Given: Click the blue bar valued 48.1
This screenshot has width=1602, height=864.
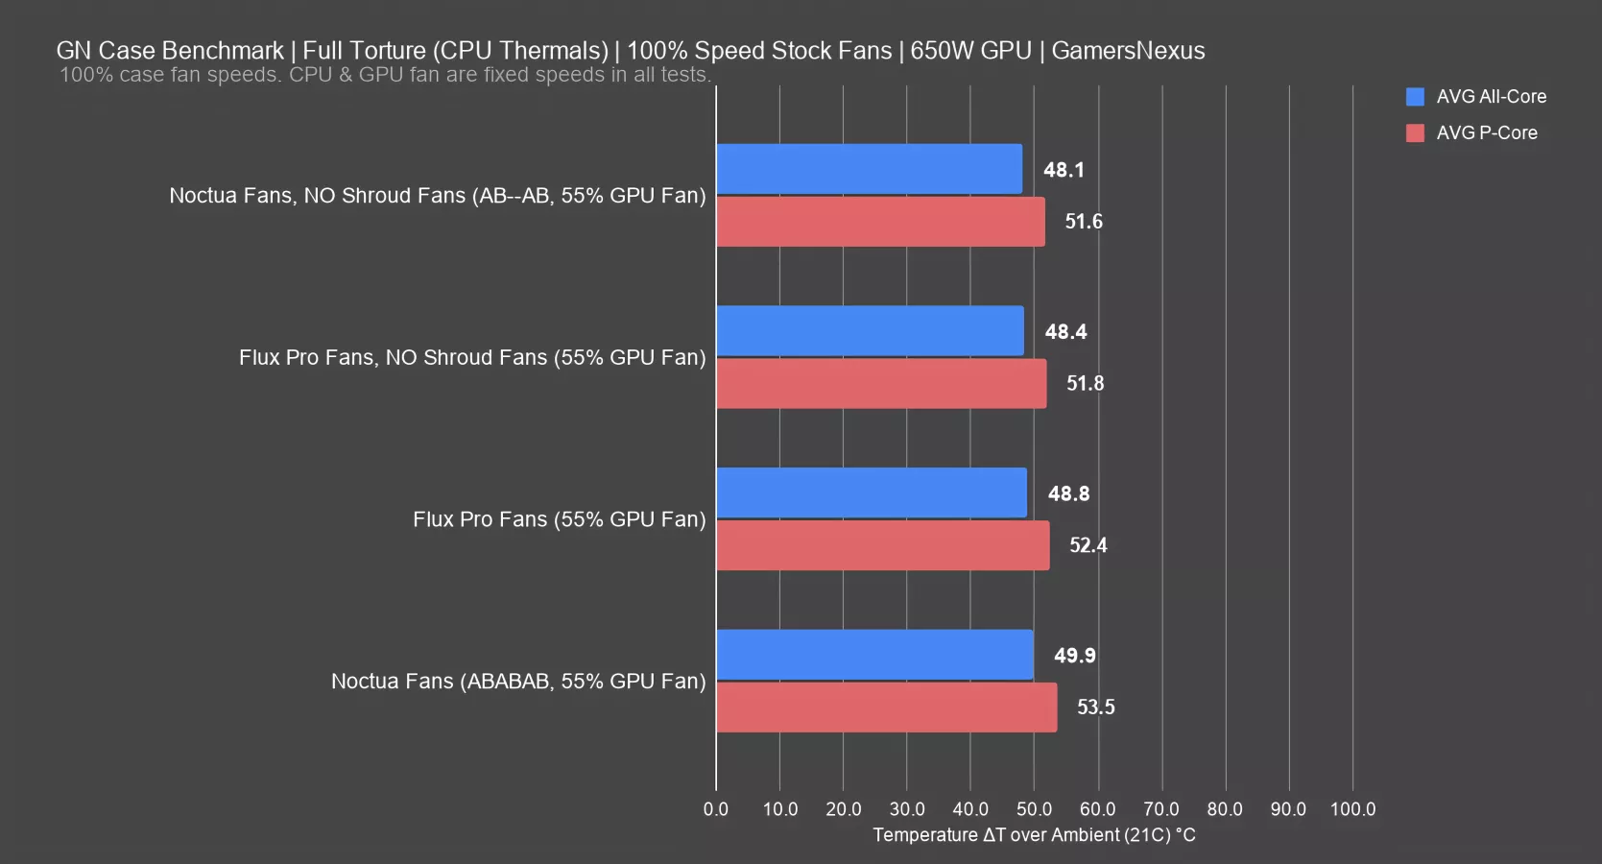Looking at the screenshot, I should coord(869,169).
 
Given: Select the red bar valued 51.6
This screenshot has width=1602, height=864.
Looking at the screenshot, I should coord(880,222).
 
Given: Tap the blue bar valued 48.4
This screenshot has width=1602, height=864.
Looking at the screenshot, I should coord(870,331).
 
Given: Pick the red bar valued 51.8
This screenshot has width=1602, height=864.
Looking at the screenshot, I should coord(881,384).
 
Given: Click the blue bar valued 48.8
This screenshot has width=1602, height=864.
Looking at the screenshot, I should coord(872,492).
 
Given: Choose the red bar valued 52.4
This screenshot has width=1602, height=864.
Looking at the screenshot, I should coord(883,545).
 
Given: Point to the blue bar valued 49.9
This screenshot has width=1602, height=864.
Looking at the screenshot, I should coord(874,655).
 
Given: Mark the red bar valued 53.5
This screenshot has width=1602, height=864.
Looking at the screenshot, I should coord(886,708).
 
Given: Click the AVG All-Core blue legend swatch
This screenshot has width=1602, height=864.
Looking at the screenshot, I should coord(1415,97).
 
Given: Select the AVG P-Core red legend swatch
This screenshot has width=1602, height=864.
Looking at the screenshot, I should coord(1415,133).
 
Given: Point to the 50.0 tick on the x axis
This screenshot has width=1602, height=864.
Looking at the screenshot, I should coord(1034,809).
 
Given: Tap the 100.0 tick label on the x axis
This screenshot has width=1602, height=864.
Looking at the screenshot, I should coord(1352,809).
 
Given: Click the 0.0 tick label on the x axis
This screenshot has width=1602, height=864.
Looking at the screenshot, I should coord(716,809).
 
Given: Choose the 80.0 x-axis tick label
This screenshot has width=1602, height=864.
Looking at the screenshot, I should coord(1225,809).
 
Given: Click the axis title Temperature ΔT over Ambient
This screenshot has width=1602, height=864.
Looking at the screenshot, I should coord(1034,835).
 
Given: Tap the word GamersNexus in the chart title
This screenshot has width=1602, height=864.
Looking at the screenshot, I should coord(1128,51).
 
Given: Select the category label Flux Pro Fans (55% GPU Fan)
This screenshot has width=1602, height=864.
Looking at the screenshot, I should coord(559,519).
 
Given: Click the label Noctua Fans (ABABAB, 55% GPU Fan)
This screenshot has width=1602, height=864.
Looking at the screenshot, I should coord(518,682).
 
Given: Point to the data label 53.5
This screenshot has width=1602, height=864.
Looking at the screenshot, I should coord(1095,708).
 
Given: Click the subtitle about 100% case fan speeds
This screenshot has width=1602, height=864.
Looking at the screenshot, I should coord(385,75).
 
